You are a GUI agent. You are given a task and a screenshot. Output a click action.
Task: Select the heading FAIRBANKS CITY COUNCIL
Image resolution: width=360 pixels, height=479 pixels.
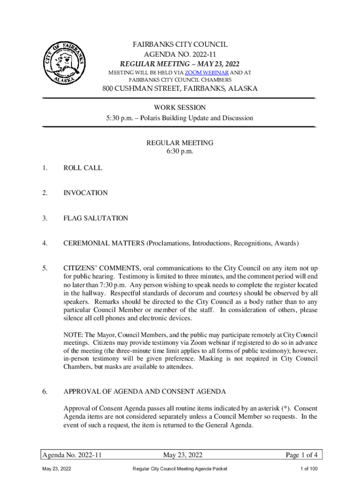pos(180,44)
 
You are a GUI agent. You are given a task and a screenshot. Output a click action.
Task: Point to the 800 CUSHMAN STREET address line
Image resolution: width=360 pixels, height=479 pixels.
pos(180,89)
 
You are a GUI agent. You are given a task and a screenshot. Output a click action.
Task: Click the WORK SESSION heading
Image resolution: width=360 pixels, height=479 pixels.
pos(180,108)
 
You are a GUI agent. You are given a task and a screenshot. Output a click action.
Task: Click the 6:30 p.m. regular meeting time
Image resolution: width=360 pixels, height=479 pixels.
pos(180,151)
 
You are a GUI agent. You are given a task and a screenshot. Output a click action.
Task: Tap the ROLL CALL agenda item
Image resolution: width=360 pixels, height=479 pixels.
pos(83,167)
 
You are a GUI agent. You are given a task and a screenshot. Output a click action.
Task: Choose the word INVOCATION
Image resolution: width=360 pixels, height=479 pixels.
pos(86,193)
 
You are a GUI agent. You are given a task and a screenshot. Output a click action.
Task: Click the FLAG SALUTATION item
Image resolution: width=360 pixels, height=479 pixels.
pos(96,218)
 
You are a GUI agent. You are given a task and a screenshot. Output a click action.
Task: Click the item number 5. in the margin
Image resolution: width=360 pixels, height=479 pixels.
pos(44,269)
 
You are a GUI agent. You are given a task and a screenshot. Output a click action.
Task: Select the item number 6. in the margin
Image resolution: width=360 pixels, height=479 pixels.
pos(44,392)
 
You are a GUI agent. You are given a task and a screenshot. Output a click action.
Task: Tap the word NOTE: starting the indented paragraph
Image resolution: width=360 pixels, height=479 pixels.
pos(72,335)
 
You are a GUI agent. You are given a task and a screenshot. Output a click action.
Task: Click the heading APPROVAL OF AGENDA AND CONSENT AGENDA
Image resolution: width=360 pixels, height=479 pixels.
pos(145,392)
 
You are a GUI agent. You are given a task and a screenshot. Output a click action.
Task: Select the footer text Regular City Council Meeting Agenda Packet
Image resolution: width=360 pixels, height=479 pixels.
pos(180,469)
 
